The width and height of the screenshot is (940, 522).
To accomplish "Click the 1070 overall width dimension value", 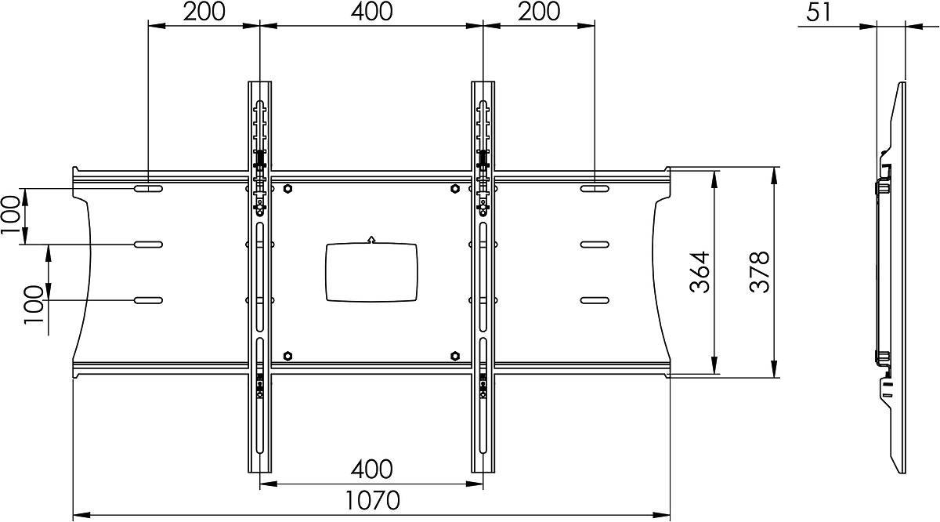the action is pyautogui.click(x=372, y=500).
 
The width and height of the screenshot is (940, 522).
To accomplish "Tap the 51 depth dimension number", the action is pyautogui.click(x=819, y=13).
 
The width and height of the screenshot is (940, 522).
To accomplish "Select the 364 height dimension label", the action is pyautogui.click(x=700, y=272).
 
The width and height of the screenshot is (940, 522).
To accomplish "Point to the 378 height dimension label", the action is pyautogui.click(x=760, y=272).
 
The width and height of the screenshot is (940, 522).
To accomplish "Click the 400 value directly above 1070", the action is pyautogui.click(x=372, y=469).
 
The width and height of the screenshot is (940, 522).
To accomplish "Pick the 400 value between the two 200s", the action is pyautogui.click(x=372, y=12).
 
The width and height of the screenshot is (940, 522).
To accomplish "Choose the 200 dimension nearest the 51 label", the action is pyautogui.click(x=539, y=12).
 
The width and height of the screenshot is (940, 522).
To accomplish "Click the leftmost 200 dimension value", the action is pyautogui.click(x=204, y=12).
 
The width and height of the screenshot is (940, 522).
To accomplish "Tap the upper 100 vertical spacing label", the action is pyautogui.click(x=11, y=216).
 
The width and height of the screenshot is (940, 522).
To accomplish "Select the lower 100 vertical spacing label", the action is pyautogui.click(x=34, y=304).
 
